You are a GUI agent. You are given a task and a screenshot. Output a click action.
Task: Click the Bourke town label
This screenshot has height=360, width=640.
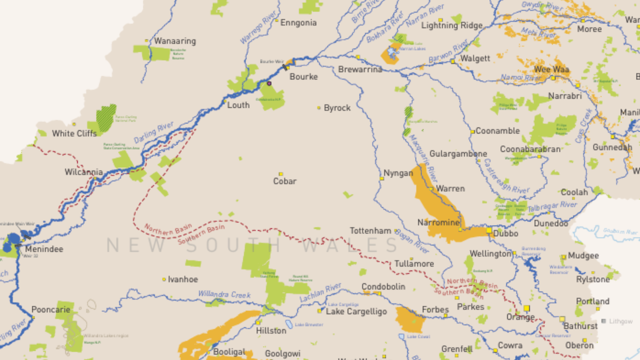point(303,77)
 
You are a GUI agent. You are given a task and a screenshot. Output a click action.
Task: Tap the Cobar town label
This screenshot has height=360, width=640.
point(285,181)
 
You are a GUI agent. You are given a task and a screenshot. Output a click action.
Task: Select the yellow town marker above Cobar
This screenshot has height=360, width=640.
point(281,174)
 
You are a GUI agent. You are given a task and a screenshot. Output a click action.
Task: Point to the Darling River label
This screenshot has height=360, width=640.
point(154,132)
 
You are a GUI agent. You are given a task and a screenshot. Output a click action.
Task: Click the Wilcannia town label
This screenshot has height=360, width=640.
point(84,172)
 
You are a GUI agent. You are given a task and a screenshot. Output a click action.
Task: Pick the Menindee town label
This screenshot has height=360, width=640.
point(44,249)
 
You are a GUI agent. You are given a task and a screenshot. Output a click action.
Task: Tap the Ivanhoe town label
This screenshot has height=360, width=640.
point(183,279)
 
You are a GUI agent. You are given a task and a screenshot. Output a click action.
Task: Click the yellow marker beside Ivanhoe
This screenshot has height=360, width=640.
point(164,279)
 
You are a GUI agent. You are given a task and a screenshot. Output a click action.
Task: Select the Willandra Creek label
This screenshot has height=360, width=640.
point(224,294)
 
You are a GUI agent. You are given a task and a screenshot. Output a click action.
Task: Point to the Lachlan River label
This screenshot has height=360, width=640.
point(320,292)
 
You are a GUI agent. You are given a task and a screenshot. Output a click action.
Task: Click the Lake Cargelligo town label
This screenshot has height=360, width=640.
point(356,311)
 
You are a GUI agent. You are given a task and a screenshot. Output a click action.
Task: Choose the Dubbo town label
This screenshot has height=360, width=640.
point(506,233)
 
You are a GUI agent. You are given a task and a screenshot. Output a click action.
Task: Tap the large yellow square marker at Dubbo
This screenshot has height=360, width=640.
point(489,230)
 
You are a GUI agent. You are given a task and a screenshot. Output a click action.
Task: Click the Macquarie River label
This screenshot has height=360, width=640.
point(423,158)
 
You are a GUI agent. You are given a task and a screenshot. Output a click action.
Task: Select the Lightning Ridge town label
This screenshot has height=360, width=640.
point(452,25)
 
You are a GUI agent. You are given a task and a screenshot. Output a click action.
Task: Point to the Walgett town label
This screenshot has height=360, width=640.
point(475,58)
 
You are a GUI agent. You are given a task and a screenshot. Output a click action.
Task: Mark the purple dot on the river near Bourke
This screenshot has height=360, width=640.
point(269,83)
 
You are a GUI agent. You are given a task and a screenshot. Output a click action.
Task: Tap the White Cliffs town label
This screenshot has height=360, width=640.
point(74,133)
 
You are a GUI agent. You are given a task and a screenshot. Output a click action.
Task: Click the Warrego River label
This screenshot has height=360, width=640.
point(259,27)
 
